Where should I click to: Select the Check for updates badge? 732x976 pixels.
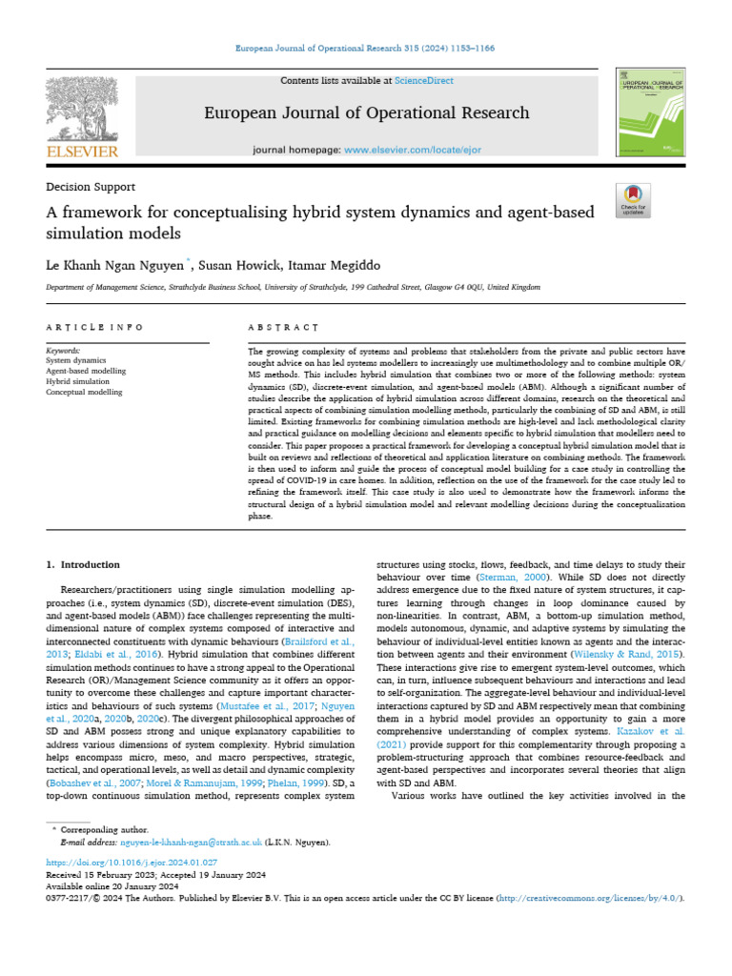[633, 199]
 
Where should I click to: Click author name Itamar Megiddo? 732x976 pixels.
[335, 261]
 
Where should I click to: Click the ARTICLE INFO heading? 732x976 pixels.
[94, 327]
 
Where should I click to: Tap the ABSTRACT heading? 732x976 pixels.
[283, 327]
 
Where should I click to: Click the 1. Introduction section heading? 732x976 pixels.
[84, 564]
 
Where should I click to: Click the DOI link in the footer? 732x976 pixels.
[138, 862]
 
